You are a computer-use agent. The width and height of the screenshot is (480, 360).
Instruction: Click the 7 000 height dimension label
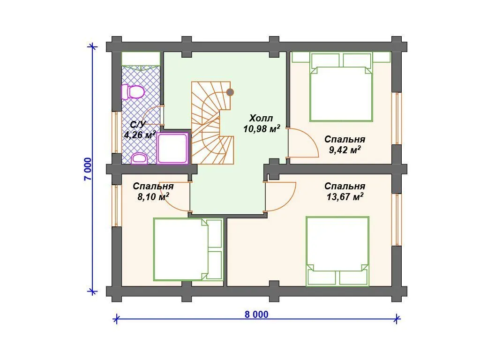coord(88,169)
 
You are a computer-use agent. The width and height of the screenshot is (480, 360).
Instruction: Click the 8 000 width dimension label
coord(256,315)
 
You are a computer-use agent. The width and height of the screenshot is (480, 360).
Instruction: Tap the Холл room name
coord(261,118)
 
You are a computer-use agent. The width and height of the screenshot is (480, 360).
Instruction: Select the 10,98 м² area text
coord(262,129)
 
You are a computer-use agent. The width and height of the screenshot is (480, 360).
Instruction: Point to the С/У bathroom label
coord(138,124)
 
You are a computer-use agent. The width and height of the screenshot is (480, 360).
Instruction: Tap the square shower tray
coord(172,148)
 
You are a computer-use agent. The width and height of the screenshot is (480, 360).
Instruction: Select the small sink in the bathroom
coord(139,158)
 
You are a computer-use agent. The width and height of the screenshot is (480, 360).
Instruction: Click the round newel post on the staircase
coord(230,92)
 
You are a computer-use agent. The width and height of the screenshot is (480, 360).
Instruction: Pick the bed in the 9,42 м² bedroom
coord(341,87)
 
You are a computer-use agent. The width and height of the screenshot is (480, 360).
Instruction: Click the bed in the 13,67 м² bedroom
coord(337,251)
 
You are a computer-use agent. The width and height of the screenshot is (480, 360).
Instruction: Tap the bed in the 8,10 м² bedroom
coord(188,249)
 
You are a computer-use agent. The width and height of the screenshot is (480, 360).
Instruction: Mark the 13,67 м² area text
coord(345,196)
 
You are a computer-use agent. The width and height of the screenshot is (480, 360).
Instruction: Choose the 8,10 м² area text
coord(153,196)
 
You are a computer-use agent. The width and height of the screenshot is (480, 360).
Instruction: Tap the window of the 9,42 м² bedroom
coord(397,118)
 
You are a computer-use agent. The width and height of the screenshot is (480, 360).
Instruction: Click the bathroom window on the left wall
coord(116,132)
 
